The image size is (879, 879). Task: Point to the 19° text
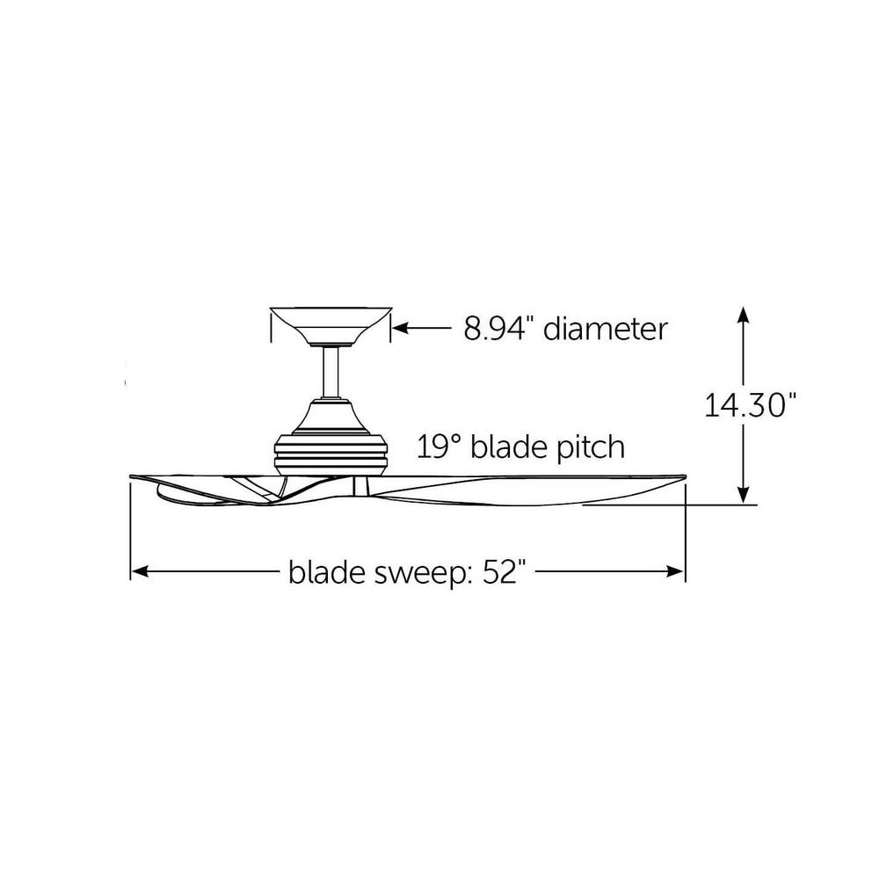click(439, 447)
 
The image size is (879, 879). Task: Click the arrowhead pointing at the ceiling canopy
click(400, 328)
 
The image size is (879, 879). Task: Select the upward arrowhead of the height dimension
click(744, 315)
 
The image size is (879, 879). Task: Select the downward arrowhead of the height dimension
click(744, 495)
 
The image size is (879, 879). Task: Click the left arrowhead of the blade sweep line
click(140, 572)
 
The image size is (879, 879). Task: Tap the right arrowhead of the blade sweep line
click(675, 572)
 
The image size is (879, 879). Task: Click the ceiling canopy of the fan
click(331, 326)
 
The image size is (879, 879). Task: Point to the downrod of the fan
click(331, 372)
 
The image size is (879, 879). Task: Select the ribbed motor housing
click(330, 454)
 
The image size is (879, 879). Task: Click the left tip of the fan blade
click(131, 476)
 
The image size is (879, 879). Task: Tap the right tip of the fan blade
click(685, 477)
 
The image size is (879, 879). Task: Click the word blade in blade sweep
click(327, 572)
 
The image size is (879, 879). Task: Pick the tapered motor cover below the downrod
click(330, 417)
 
